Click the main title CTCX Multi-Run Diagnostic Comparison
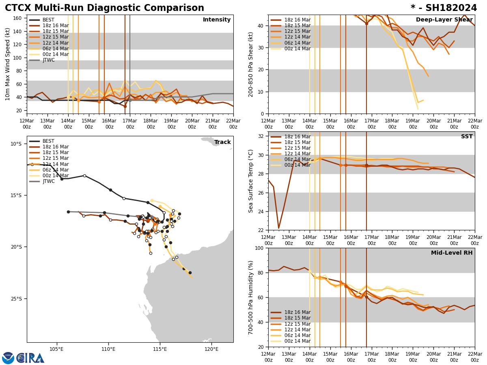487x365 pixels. click(x=104, y=8)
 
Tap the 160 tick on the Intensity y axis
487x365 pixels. click(x=18, y=18)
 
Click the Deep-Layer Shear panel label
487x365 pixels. click(x=444, y=20)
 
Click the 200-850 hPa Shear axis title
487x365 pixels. click(x=251, y=64)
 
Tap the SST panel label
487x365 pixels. click(x=466, y=137)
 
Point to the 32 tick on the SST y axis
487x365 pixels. click(x=262, y=136)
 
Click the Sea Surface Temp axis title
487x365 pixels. click(x=251, y=181)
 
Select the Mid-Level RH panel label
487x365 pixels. click(x=451, y=253)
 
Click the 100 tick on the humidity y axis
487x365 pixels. click(x=260, y=248)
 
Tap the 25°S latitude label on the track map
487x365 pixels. click(x=16, y=299)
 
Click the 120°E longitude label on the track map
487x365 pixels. click(x=211, y=349)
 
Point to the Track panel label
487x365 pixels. click(x=222, y=142)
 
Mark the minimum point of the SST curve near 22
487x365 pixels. click(x=278, y=228)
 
